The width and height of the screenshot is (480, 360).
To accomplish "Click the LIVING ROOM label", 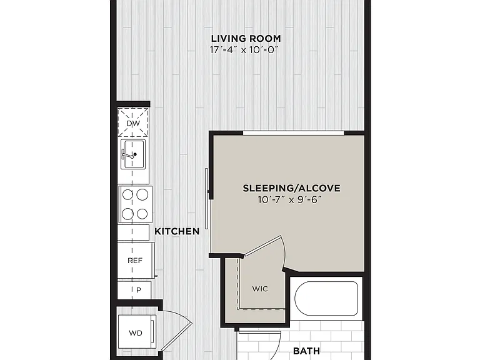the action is point(246,39).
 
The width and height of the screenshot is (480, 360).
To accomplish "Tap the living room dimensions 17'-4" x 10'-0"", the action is point(244,49).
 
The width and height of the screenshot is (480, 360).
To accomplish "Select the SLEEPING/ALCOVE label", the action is point(291,188).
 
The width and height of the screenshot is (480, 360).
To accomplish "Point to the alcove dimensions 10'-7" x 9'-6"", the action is point(290,200).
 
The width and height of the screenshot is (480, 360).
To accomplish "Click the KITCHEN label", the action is point(177,231).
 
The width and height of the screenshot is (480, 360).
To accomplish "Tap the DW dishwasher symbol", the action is point(133,123).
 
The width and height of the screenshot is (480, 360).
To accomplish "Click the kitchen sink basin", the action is point(133,154).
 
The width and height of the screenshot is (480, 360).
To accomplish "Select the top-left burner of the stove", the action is point(127,194).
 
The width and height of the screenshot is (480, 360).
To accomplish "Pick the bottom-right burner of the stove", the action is point(142,214).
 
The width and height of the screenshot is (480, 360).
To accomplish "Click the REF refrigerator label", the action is point(135,261).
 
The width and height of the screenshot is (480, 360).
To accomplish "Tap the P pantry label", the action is point(139,290).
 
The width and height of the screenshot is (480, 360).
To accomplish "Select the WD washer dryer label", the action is point(136,332).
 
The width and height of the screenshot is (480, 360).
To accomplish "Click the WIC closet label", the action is point(260,289).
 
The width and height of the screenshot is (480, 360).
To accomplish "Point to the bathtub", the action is point(326,299).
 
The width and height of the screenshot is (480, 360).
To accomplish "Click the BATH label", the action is point(306,351).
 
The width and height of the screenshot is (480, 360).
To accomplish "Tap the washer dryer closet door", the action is point(177,337).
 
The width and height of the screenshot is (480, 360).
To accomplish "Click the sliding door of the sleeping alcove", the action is point(207,199).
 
